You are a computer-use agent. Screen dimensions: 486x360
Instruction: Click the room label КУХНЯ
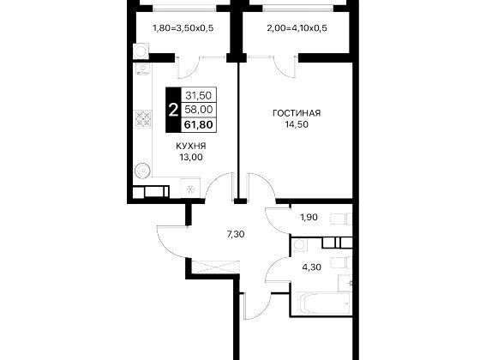191,146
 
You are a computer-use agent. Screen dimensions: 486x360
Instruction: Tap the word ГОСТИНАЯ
297,113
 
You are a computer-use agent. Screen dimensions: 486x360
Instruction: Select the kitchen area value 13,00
191,157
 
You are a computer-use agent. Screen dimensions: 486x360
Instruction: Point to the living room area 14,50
297,124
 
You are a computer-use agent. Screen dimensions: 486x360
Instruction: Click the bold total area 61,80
198,124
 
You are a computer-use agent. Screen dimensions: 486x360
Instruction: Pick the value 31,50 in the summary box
198,95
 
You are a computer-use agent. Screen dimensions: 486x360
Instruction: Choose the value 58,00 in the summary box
198,109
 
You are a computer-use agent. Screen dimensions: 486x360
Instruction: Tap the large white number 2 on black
173,110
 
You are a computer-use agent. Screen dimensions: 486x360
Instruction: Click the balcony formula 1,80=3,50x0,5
183,28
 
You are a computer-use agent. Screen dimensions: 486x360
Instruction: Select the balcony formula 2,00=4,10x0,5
297,28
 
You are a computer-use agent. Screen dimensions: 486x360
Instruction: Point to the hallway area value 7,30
236,234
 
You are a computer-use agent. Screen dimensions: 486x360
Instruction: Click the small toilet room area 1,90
309,218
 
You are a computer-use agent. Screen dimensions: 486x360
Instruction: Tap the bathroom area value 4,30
312,267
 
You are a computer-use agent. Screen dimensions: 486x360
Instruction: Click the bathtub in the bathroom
324,303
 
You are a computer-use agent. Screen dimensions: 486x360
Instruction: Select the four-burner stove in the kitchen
143,119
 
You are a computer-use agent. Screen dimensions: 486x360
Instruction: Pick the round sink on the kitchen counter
143,171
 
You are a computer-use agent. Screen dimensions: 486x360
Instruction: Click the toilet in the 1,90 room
341,219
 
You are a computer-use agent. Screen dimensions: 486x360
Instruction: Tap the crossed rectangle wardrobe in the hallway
215,267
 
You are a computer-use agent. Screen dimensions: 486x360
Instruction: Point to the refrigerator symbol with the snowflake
190,188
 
